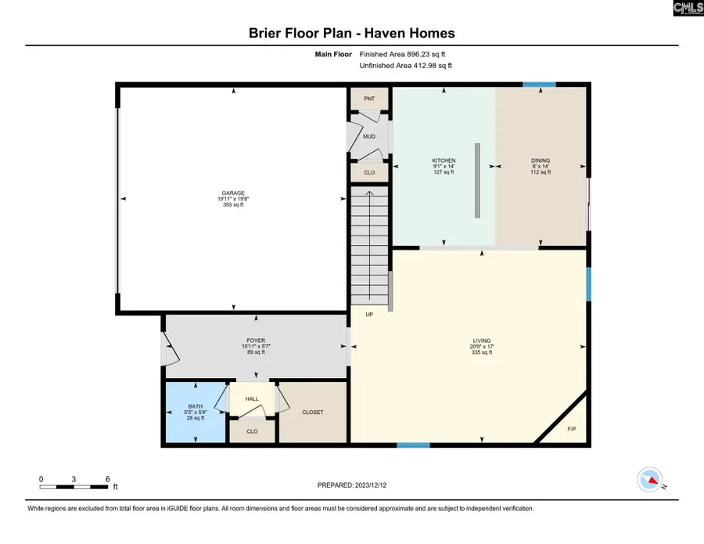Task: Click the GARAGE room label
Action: point(232,193)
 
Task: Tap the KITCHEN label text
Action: point(444,160)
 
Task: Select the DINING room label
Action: point(541,160)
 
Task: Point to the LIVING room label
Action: point(481,341)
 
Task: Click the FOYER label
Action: point(256,341)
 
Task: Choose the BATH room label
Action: point(195,406)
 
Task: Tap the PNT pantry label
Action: point(369,99)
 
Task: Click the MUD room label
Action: point(369,137)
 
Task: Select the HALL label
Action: point(252,399)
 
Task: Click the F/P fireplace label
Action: point(570,430)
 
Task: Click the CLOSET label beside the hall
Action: point(313,413)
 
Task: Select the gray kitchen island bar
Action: point(475,181)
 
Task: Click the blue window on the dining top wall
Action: point(539,85)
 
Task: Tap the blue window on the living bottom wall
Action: point(412,445)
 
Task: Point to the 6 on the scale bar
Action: point(106,478)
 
